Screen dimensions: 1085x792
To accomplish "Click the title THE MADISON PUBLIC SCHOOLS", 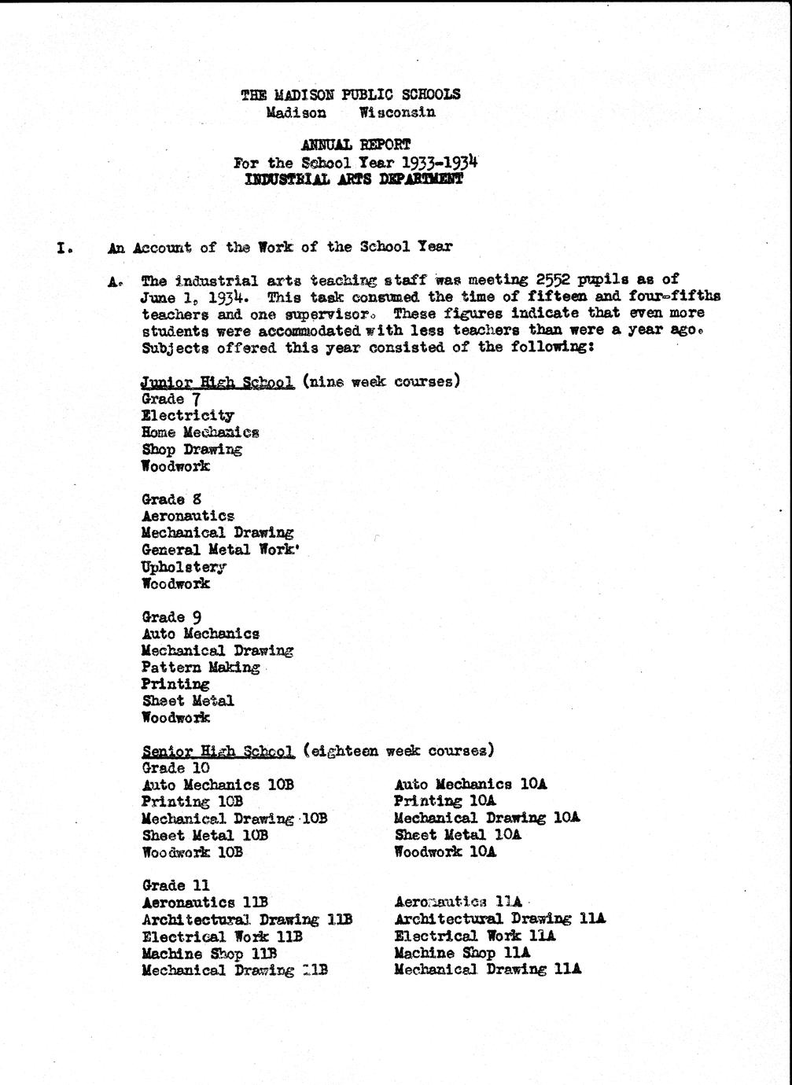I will pyautogui.click(x=351, y=94).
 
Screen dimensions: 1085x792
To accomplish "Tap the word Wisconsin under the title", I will pyautogui.click(x=397, y=112).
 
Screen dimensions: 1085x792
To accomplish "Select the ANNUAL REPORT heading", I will pyautogui.click(x=355, y=145).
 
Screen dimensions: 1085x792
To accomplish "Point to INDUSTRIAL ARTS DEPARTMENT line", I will pyautogui.click(x=354, y=178).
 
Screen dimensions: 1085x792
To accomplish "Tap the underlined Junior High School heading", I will pyautogui.click(x=218, y=382).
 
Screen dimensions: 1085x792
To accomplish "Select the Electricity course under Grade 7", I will pyautogui.click(x=188, y=415).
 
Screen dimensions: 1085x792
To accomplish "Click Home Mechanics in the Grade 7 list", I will pyautogui.click(x=200, y=432).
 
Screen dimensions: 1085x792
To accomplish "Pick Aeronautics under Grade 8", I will pyautogui.click(x=188, y=516).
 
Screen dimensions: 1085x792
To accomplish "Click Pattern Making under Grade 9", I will pyautogui.click(x=201, y=668).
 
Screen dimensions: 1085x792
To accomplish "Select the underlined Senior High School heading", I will pyautogui.click(x=218, y=751).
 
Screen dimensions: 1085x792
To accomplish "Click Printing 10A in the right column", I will pyautogui.click(x=445, y=801).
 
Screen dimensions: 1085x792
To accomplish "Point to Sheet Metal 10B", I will pyautogui.click(x=205, y=835).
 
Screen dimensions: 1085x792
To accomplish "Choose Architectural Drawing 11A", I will pyautogui.click(x=500, y=918).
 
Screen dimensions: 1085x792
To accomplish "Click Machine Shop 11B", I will pyautogui.click(x=209, y=953).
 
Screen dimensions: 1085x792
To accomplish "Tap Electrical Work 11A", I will pyautogui.click(x=475, y=936).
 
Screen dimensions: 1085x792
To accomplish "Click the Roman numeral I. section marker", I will pyautogui.click(x=64, y=248).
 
